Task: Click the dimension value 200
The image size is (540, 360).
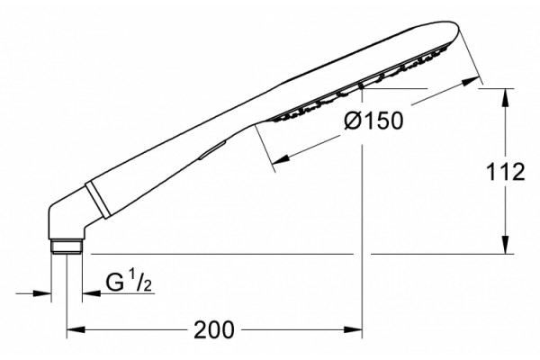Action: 214,329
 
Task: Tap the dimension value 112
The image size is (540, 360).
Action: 505,172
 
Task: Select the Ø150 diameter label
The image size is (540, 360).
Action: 373,121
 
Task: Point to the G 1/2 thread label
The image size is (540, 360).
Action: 129,281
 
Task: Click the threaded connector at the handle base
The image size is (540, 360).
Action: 67,247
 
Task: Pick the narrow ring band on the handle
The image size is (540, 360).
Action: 97,200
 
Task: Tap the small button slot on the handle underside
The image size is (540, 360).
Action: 211,150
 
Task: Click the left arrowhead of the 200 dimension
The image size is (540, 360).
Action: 75,329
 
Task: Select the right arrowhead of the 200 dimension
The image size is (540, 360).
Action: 353,329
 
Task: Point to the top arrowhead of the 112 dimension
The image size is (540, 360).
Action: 505,97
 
